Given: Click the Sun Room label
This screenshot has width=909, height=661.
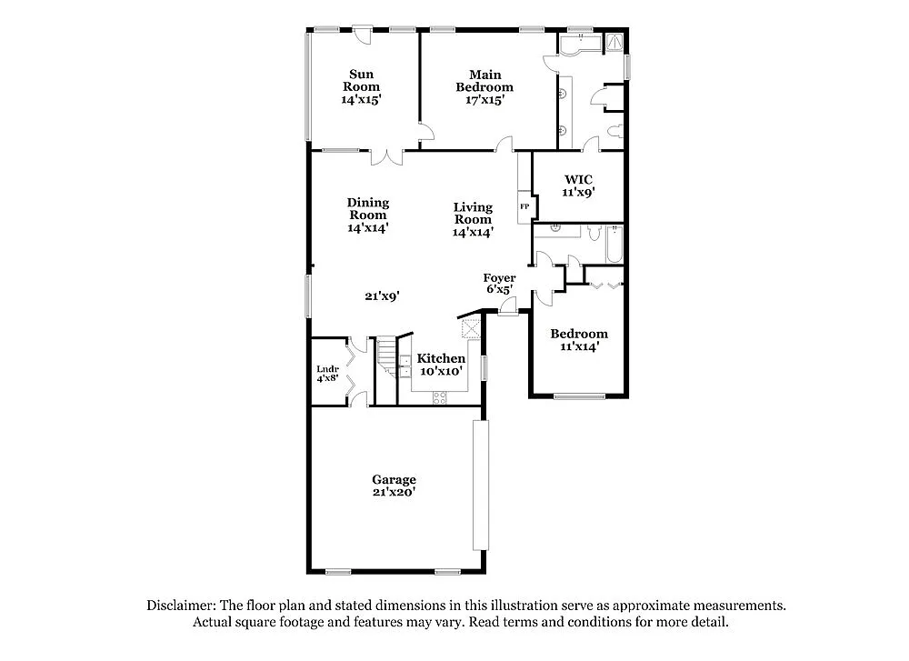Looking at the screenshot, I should [361, 80].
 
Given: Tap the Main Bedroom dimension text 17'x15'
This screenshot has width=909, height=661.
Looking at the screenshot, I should [484, 100].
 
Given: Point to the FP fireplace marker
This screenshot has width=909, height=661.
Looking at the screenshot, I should [524, 207].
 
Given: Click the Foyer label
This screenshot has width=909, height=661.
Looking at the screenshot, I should [499, 278].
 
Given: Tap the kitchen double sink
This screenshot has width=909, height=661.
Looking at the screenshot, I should [405, 366].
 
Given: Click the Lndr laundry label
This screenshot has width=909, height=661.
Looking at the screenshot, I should [328, 369].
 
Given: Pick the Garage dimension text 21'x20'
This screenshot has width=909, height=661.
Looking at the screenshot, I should [394, 492].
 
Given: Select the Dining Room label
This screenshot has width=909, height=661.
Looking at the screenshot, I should [367, 209].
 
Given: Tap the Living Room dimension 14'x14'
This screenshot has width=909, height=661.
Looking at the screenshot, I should [473, 232].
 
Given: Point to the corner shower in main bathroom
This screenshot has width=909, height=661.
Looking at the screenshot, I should [616, 41].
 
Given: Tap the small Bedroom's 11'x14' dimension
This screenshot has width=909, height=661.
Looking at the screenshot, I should [579, 346].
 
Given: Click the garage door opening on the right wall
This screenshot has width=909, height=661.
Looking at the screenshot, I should [480, 486].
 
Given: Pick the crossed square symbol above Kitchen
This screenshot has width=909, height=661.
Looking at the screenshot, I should [471, 328].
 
